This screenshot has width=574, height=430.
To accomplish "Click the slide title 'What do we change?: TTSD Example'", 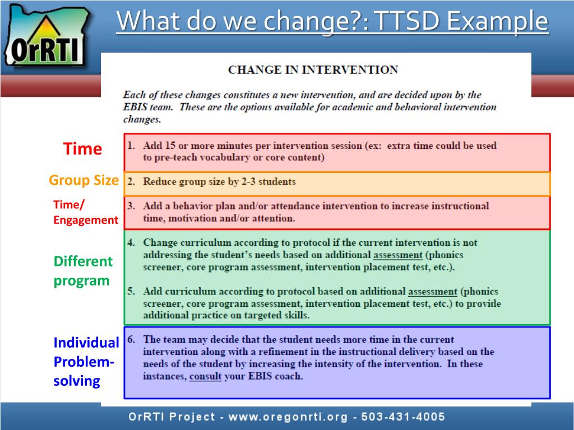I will (332, 22).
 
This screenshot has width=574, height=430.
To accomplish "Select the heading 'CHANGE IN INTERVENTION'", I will (313, 70).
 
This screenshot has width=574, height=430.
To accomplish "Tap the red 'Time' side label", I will (82, 149).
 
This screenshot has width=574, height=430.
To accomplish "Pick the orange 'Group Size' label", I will (84, 180).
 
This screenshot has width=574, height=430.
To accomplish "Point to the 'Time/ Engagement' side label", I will (85, 212).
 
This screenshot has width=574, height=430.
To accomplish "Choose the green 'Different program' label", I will (83, 271).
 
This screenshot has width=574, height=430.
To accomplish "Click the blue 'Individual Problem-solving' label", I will (86, 362).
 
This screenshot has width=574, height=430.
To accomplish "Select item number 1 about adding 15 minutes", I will (320, 151).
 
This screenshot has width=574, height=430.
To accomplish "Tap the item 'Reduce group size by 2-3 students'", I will (219, 181).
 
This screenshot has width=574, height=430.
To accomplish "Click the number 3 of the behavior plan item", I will (131, 206).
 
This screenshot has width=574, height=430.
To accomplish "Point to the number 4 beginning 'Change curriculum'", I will (131, 243).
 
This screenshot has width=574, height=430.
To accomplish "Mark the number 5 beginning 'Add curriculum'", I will (131, 291).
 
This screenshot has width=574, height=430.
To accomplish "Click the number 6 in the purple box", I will (131, 339).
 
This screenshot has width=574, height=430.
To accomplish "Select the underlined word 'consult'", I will (205, 376).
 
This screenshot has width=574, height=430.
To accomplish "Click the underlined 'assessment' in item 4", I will (398, 255).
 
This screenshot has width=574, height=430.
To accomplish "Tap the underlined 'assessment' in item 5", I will (432, 292).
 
